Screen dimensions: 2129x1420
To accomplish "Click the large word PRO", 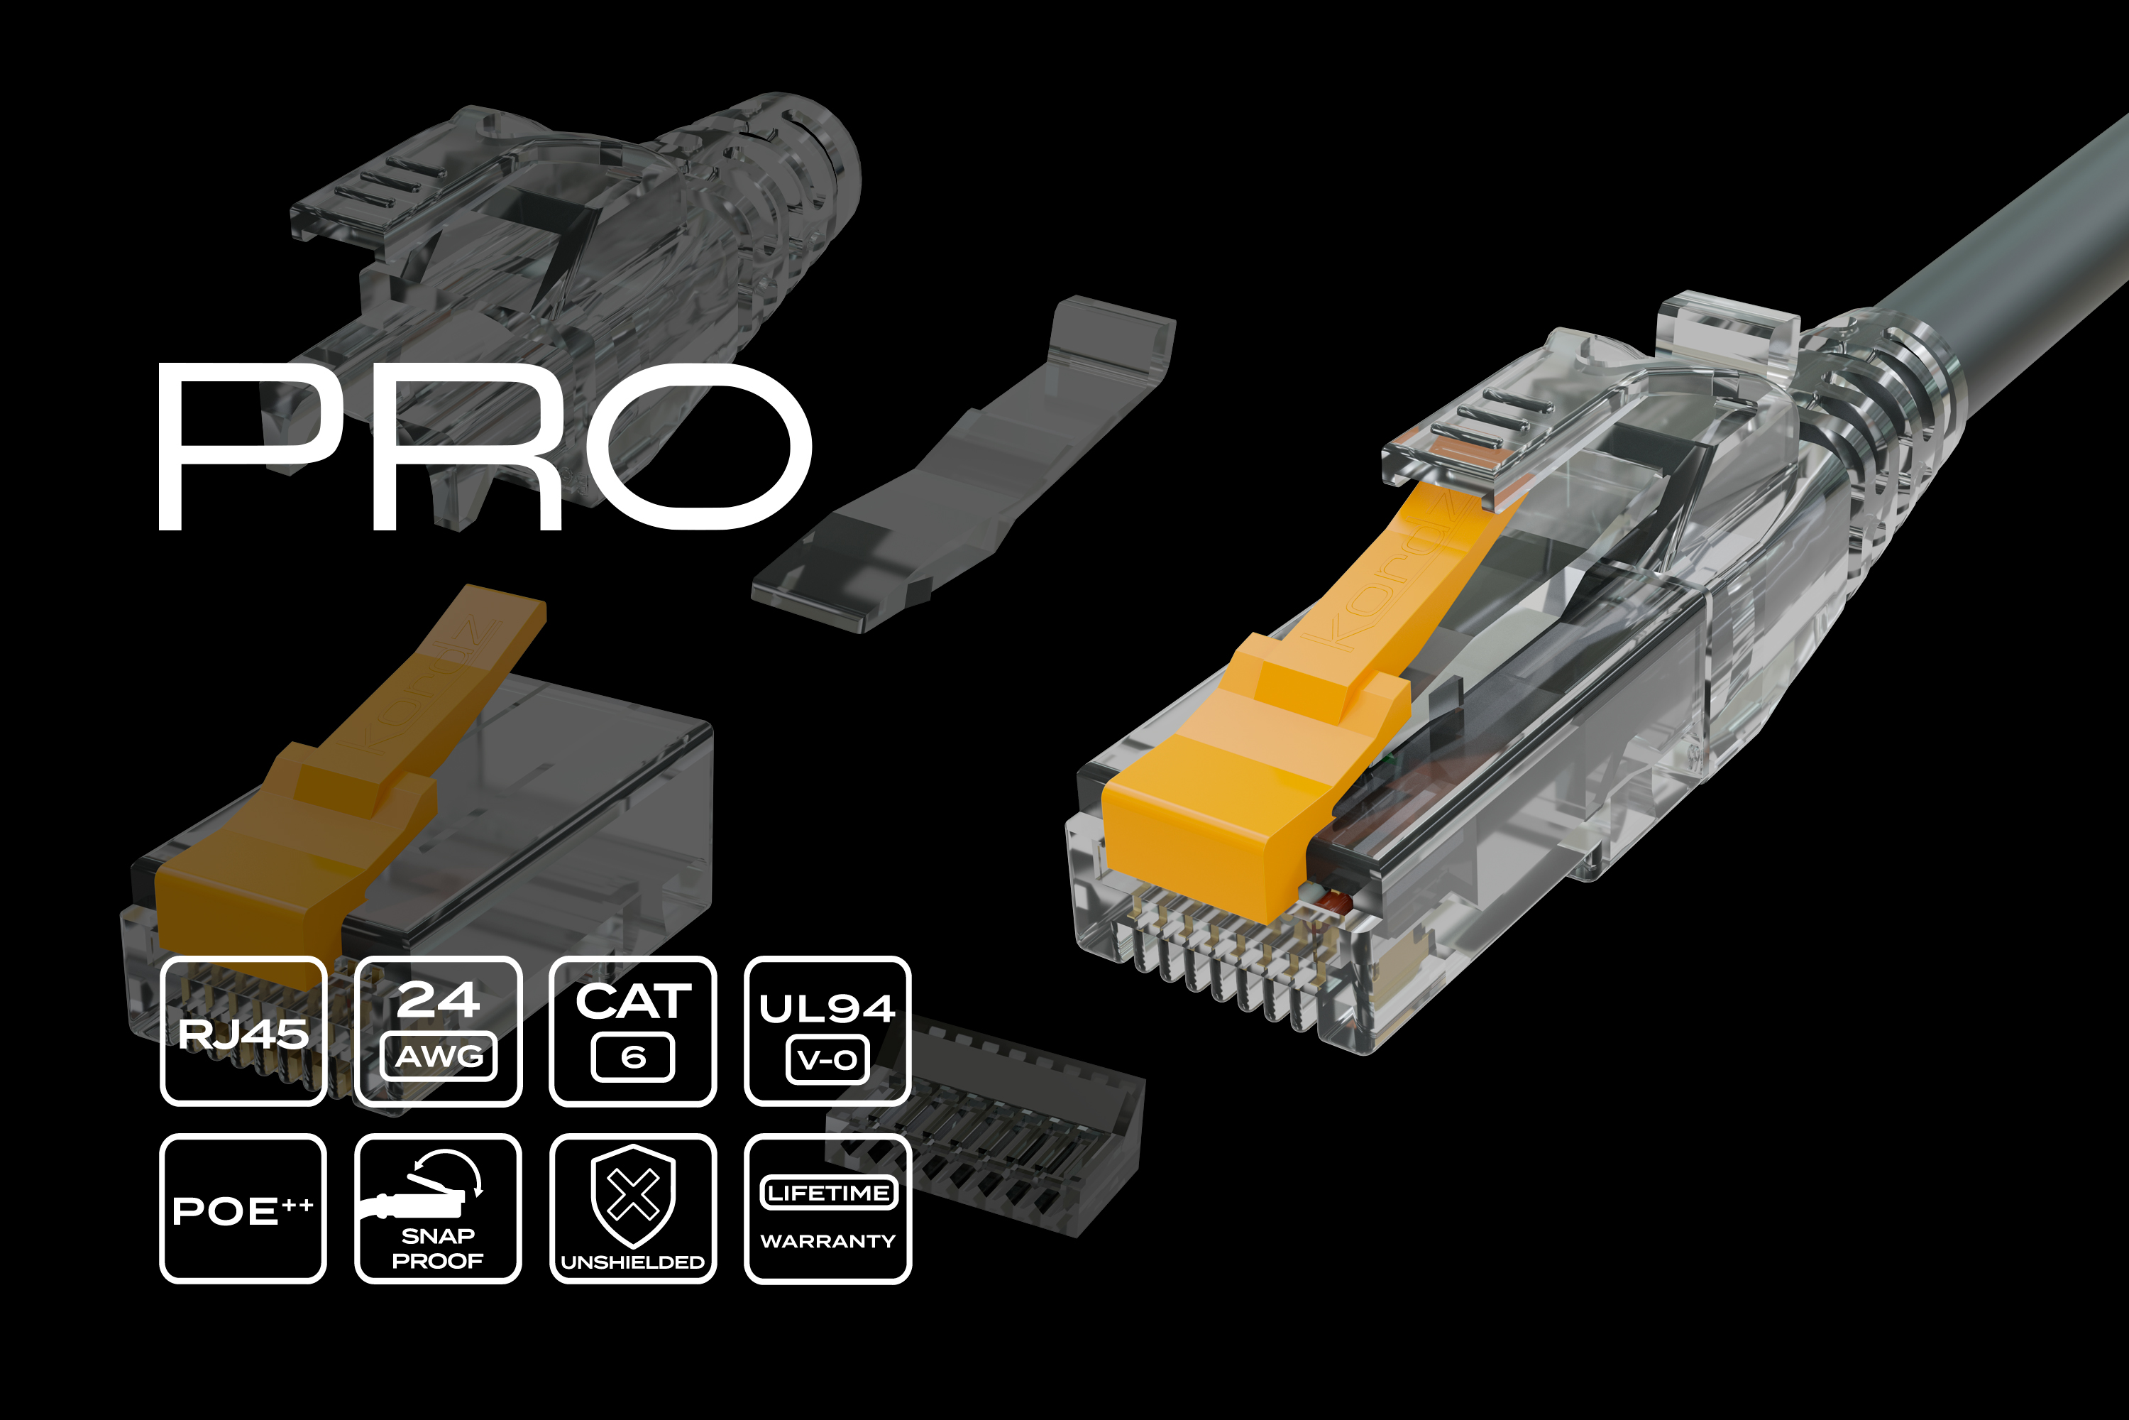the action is click(484, 446).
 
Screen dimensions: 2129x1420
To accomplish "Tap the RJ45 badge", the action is click(243, 1031).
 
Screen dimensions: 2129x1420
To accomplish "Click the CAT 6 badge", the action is click(634, 1031).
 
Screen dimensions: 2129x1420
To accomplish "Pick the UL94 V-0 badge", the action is click(828, 1031).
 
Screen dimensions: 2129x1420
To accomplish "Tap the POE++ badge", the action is click(243, 1208).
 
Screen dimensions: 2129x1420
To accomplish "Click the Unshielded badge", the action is click(634, 1208).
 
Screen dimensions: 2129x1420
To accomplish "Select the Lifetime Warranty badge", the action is click(828, 1208).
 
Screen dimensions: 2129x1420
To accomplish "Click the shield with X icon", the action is click(634, 1196).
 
